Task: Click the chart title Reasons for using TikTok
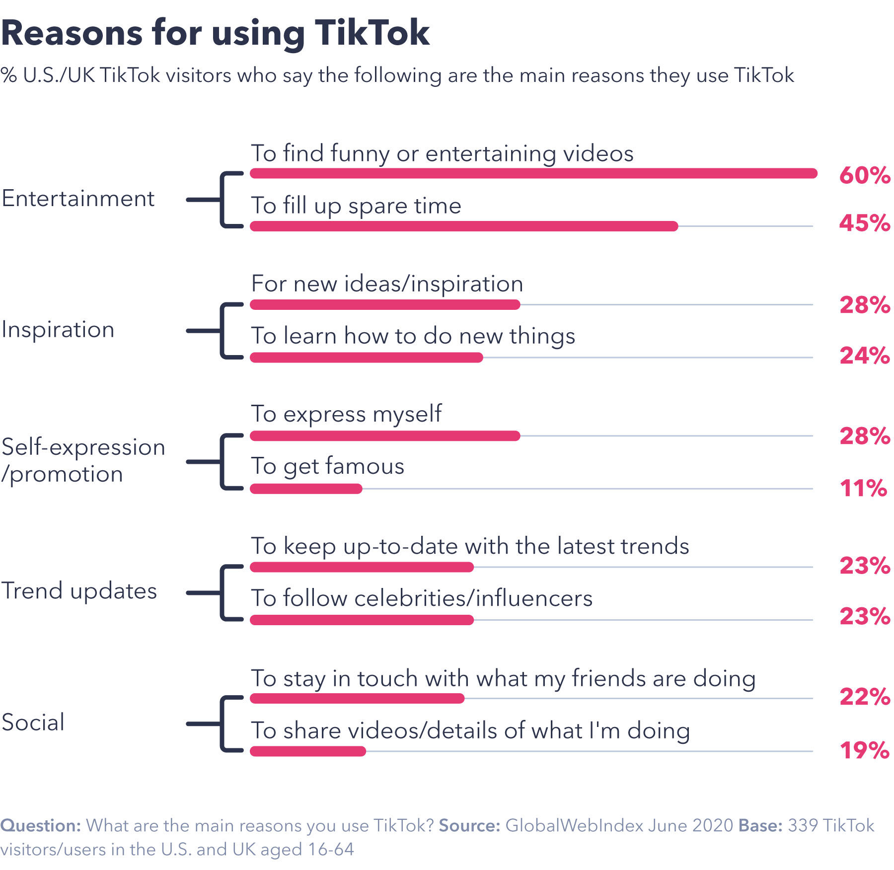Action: click(x=215, y=33)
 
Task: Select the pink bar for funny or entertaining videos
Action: click(x=533, y=173)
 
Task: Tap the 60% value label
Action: click(x=864, y=175)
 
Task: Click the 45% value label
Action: click(x=864, y=223)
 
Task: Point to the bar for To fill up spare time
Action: click(x=463, y=226)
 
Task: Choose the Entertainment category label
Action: click(x=78, y=199)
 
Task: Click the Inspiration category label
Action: click(x=58, y=330)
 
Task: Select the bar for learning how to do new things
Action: click(x=366, y=358)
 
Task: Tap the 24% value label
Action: click(x=864, y=356)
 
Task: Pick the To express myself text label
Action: click(x=346, y=414)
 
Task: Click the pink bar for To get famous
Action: click(x=306, y=489)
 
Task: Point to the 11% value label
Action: click(x=863, y=488)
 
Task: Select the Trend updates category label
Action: click(x=79, y=591)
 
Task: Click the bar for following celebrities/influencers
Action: click(x=362, y=620)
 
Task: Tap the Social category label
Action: click(x=33, y=723)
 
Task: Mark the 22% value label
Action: click(x=864, y=697)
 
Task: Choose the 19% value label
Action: click(x=864, y=750)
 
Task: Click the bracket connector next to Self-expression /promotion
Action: click(x=221, y=462)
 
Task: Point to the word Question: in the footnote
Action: click(x=41, y=826)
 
